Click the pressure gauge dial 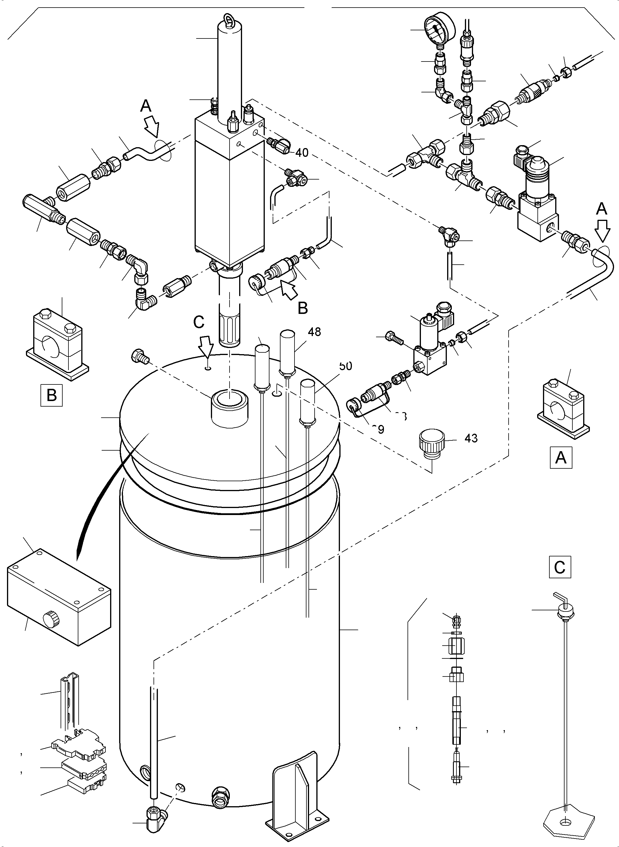(439, 29)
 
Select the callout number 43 (471, 438)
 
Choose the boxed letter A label (560, 457)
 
